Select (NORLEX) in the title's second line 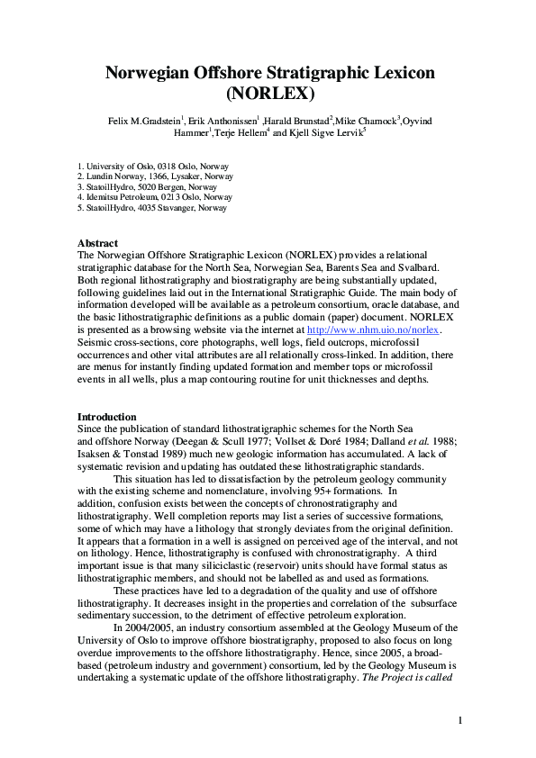(x=268, y=93)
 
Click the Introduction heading (x=107, y=417)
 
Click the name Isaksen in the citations (x=96, y=454)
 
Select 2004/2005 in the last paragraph (x=154, y=628)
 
